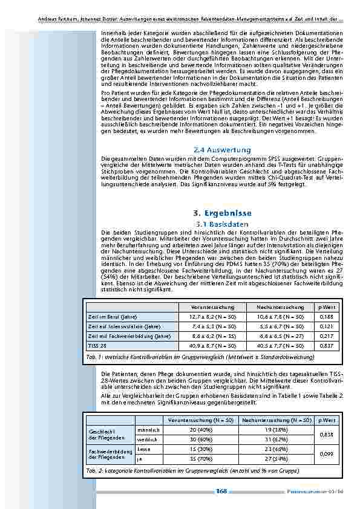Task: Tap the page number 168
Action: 221,491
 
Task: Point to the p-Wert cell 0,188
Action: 326,316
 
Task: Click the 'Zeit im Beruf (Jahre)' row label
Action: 113,316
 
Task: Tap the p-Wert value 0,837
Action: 326,345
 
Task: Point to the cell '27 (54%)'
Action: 276,459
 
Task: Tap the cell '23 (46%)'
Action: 276,449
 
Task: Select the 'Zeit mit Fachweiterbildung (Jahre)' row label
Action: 122,336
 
